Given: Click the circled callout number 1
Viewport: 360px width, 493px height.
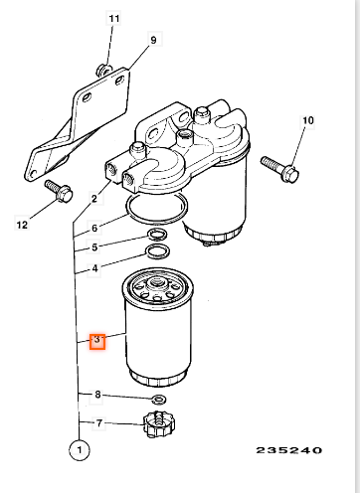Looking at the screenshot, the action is pyautogui.click(x=80, y=450).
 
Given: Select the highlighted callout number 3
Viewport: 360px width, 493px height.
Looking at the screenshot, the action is pyautogui.click(x=97, y=341).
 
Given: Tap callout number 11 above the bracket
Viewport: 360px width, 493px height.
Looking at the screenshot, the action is pyautogui.click(x=113, y=18).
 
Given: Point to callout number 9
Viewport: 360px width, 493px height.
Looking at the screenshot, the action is pyautogui.click(x=153, y=40).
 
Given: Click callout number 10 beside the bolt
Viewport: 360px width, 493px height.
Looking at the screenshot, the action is pyautogui.click(x=308, y=120).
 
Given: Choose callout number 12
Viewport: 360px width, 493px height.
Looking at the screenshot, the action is pyautogui.click(x=22, y=225).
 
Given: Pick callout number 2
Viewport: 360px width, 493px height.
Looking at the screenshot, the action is pyautogui.click(x=94, y=199).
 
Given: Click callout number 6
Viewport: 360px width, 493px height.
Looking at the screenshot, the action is pyautogui.click(x=94, y=228).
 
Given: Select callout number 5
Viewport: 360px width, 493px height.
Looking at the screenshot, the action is pyautogui.click(x=94, y=247).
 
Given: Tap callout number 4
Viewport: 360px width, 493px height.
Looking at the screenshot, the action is pyautogui.click(x=94, y=268).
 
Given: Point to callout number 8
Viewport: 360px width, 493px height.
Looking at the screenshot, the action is pyautogui.click(x=97, y=395).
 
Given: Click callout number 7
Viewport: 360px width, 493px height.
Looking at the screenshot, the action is pyautogui.click(x=99, y=423).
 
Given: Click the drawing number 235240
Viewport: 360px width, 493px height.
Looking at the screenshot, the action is pyautogui.click(x=289, y=450).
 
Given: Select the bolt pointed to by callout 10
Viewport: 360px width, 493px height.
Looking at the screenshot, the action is pyautogui.click(x=280, y=169).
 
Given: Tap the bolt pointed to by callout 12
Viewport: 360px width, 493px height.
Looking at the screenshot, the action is pyautogui.click(x=59, y=191).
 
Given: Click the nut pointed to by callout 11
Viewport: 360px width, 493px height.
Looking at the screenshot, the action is pyautogui.click(x=104, y=71).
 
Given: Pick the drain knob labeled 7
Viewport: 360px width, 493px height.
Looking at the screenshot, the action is pyautogui.click(x=159, y=423).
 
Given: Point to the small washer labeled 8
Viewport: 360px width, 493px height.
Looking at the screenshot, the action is pyautogui.click(x=159, y=400).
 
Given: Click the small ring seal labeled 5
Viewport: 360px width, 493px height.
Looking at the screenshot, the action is pyautogui.click(x=157, y=235).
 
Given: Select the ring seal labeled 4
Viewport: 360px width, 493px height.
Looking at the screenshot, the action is pyautogui.click(x=158, y=251).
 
